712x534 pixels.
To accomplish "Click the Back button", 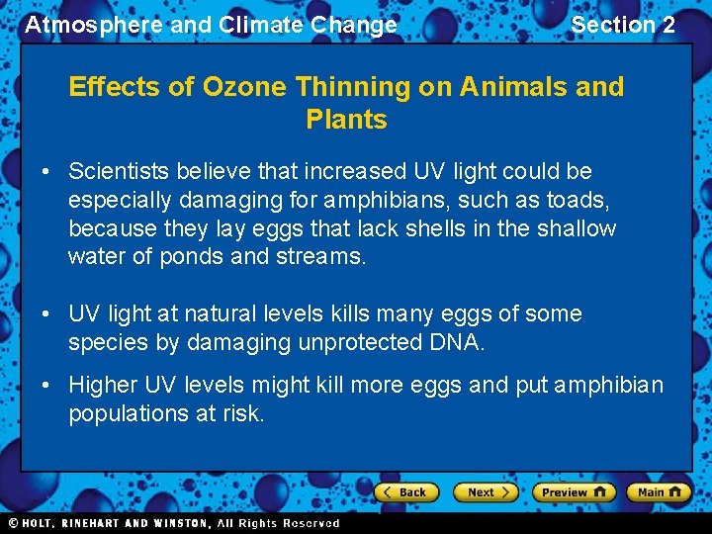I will [x=404, y=491].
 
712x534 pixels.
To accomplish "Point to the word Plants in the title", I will [x=346, y=120].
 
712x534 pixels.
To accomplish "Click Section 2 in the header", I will [x=623, y=25].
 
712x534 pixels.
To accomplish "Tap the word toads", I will [x=578, y=200].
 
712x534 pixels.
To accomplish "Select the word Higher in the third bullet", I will [x=103, y=385].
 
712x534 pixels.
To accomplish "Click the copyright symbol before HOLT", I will [x=13, y=523].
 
